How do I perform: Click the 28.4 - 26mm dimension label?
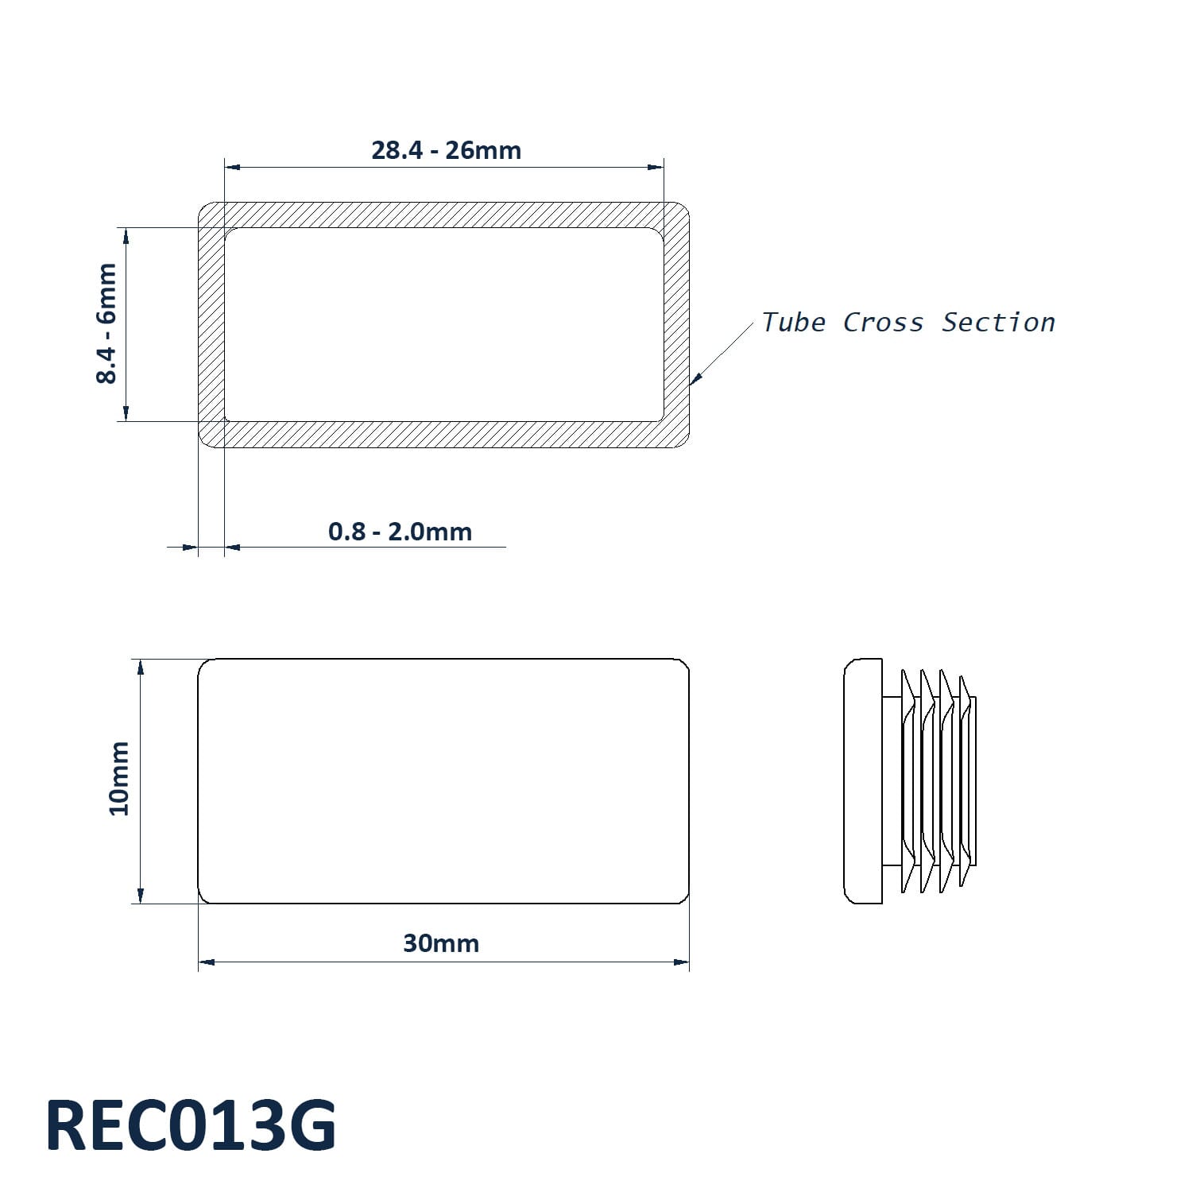pos(446,150)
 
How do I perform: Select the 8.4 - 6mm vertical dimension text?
pos(106,323)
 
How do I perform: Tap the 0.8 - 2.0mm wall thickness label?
pos(400,531)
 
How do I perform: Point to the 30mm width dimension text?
pos(441,943)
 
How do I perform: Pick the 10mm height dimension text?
pos(119,778)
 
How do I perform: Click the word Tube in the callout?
pos(792,323)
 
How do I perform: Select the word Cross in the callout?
pos(883,323)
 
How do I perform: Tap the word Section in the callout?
pos(998,323)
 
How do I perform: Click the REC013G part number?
pos(191,1125)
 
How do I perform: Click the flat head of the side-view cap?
pos(863,781)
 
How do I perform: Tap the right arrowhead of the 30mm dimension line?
pos(681,962)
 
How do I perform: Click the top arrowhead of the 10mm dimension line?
pos(141,668)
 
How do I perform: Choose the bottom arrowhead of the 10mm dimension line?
pos(141,895)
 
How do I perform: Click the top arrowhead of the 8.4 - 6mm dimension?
pos(125,236)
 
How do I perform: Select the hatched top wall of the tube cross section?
pos(443,215)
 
